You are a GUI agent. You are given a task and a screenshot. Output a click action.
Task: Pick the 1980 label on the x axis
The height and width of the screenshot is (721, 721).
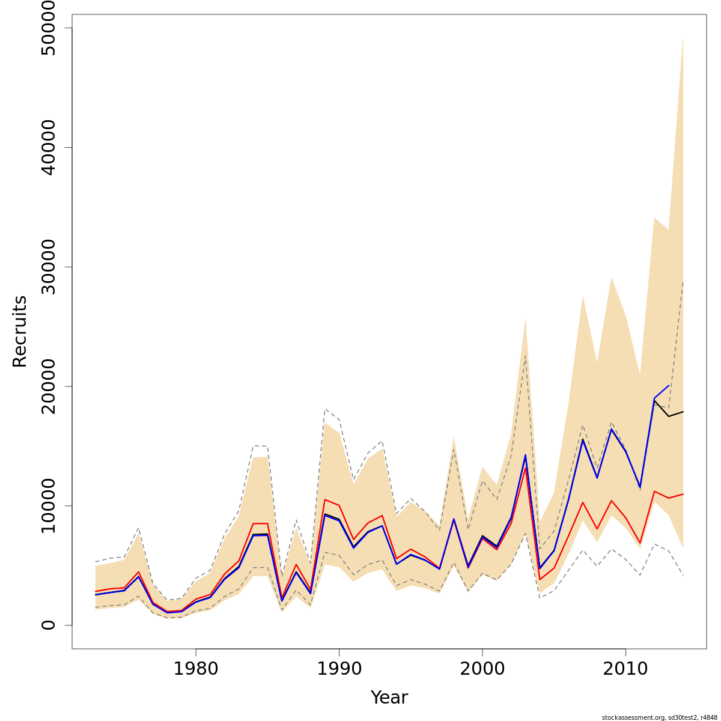[196, 669]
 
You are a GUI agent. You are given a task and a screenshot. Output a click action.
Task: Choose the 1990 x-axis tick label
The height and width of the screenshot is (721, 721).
[339, 669]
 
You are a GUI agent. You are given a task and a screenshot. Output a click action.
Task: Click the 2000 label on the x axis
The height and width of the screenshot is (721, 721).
[482, 669]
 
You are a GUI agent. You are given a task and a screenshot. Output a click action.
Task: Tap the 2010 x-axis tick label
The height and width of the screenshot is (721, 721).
[625, 669]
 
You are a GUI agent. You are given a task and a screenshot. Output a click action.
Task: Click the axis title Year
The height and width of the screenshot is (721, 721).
[389, 698]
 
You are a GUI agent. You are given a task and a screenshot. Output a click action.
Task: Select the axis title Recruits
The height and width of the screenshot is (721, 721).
[20, 331]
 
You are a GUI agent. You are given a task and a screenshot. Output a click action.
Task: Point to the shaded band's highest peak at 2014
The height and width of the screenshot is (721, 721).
[683, 37]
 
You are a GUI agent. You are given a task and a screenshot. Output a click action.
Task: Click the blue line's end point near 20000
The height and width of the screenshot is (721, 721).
[669, 385]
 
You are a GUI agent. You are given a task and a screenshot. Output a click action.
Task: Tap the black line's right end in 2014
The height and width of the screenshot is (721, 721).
[683, 412]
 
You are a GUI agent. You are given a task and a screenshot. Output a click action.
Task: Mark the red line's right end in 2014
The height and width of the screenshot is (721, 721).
[683, 494]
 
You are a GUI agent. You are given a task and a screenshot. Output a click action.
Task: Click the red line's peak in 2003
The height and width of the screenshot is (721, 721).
[526, 467]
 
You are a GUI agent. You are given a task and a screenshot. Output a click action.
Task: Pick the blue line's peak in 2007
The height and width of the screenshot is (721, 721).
[583, 439]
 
